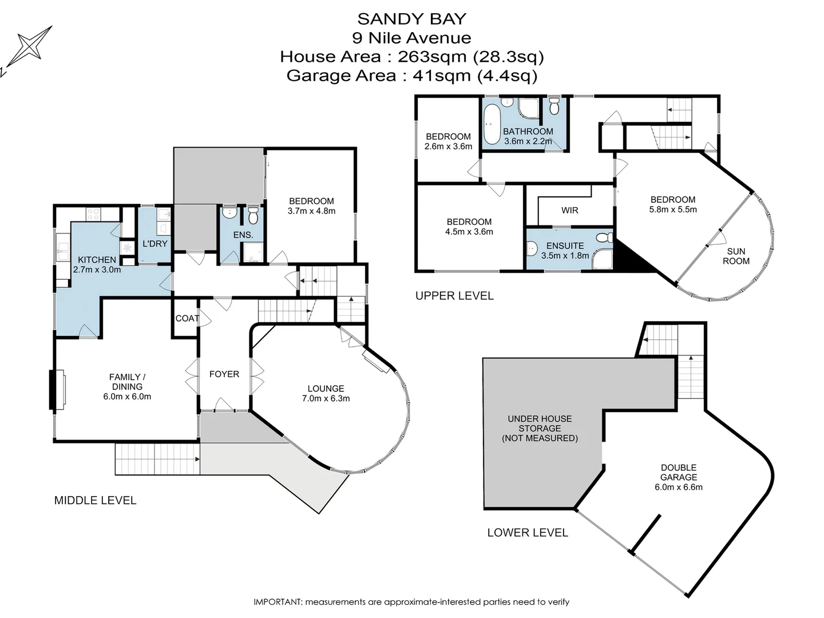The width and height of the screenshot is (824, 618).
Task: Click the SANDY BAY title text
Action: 411,19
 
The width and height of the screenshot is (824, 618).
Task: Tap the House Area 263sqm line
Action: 411,57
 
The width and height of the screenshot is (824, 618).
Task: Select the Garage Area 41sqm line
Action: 411,76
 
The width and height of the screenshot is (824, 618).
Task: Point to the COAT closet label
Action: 187,318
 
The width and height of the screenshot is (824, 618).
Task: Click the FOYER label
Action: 224,374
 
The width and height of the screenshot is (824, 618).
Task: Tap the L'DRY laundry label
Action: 154,244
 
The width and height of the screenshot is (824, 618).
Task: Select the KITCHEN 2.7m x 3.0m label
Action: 97,265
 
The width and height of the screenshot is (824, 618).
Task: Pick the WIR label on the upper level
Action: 569,211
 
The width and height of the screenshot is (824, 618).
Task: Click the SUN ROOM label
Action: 736,256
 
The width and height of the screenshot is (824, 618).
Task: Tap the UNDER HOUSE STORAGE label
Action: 540,429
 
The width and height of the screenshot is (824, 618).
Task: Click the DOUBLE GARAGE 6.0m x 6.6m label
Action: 679,477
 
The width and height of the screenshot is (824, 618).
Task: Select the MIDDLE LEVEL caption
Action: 95,501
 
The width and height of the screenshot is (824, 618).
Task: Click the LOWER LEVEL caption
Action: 527,533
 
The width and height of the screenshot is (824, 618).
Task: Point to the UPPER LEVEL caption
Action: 454,296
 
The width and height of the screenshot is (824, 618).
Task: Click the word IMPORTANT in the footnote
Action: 277,602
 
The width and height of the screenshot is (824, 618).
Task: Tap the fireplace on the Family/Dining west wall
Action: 57,390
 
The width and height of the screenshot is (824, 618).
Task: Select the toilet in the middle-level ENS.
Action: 253,216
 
